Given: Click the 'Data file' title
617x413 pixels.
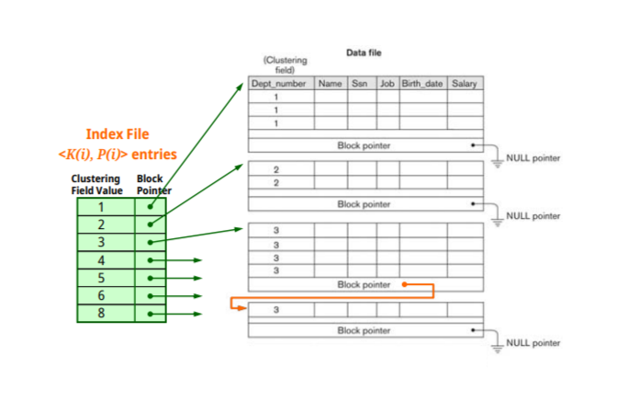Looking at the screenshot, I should (x=364, y=53).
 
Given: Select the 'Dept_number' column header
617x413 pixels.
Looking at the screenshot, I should (x=280, y=84).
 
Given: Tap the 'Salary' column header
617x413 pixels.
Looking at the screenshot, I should (x=465, y=84).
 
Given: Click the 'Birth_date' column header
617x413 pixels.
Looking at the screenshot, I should (x=422, y=84).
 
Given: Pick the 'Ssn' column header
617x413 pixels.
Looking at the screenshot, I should (x=359, y=84).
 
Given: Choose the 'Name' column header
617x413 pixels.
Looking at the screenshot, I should (x=330, y=84).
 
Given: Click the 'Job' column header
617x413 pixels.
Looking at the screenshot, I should (x=387, y=84).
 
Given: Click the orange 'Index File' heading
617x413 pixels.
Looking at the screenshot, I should (x=117, y=134).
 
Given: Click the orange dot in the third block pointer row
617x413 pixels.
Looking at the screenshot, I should (x=404, y=284).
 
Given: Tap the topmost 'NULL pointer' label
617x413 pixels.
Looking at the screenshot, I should (x=533, y=158).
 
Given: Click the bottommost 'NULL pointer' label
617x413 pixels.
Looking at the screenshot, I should (x=533, y=342).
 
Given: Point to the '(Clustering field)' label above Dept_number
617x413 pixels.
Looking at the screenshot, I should (x=285, y=64).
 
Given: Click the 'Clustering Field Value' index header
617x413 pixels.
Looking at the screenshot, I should (x=96, y=184).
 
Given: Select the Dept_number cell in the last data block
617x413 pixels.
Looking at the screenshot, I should (x=281, y=310).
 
